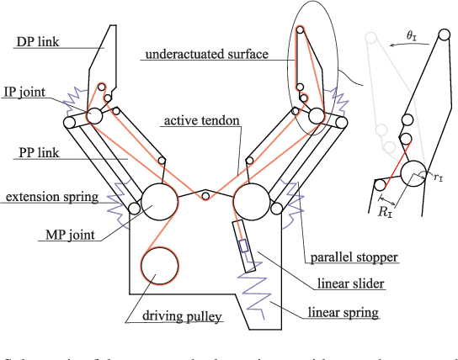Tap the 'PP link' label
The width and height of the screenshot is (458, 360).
36,154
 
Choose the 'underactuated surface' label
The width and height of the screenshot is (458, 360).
206,55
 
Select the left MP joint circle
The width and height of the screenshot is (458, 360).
159,203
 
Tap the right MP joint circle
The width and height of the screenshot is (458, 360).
252,203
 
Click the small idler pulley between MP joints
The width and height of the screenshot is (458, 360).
205,196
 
